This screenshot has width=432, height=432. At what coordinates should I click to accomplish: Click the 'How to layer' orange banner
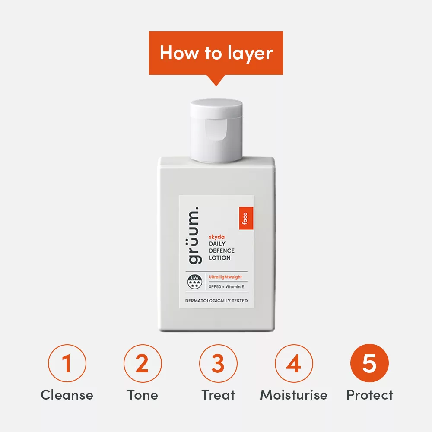216,53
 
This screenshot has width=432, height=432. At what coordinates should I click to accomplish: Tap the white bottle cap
216,130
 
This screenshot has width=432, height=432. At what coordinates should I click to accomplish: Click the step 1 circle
67,363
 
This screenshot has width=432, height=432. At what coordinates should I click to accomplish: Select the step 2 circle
143,363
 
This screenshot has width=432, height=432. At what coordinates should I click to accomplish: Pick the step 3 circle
218,363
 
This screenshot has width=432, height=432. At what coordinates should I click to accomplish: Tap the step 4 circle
294,363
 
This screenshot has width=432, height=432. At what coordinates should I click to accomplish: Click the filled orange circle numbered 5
369,363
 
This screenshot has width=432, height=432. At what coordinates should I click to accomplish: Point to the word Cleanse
67,395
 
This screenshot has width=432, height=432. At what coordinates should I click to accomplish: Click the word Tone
143,395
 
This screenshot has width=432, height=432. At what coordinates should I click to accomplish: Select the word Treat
218,395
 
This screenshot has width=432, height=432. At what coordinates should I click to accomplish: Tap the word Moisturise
294,395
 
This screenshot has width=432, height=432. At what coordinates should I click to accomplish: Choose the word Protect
370,395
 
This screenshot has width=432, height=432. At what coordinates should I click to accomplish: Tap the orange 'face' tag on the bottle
245,218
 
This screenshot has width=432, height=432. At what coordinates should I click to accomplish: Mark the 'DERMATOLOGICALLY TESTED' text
216,301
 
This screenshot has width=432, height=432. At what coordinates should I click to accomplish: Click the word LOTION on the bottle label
219,258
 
